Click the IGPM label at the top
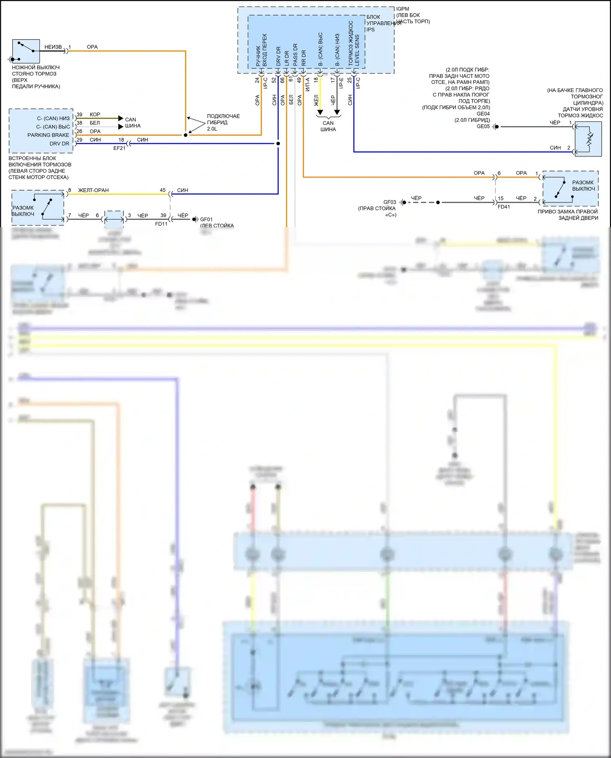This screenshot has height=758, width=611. (x=402, y=9)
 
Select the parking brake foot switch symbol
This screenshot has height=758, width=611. (x=26, y=51)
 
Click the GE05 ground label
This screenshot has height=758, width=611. (x=483, y=127)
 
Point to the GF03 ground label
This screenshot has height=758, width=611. (x=389, y=202)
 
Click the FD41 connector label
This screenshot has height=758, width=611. (x=504, y=207)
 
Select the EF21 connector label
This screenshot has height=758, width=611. (x=119, y=148)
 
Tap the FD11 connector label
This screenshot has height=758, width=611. (x=161, y=224)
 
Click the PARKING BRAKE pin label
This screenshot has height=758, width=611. (x=48, y=135)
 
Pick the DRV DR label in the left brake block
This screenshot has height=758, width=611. (x=59, y=144)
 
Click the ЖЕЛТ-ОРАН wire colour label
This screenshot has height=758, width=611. (x=93, y=190)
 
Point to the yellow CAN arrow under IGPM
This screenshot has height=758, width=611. (x=320, y=112)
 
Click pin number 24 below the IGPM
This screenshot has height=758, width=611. (x=257, y=80)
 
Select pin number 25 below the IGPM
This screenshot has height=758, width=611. (x=349, y=80)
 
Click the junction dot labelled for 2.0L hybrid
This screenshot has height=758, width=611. (x=186, y=135)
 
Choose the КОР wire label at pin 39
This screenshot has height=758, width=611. (x=95, y=115)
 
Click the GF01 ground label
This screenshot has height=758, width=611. (x=206, y=220)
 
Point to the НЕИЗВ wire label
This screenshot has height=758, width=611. (x=53, y=47)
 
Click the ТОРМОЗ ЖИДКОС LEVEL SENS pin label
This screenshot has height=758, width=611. (x=354, y=44)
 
